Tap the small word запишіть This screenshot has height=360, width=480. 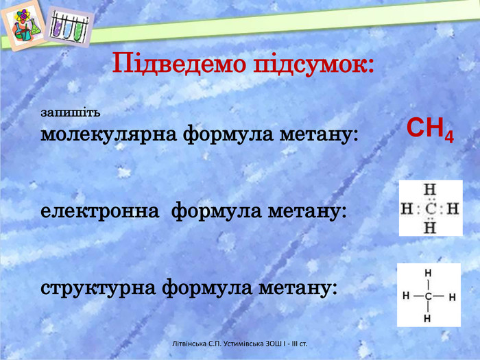point(71,112)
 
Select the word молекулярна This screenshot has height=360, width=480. point(109,134)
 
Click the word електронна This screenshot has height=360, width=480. point(100,211)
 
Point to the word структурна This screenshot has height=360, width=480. point(98,289)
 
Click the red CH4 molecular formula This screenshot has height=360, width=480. point(430,129)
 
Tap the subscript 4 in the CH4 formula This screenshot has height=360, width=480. point(448,137)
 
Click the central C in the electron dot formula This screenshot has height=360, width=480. point(431,209)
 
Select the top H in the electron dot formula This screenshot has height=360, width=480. point(430,190)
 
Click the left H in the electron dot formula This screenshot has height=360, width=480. point(407,209)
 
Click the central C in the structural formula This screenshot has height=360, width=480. point(428,296)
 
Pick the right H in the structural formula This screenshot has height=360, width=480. point(453,297)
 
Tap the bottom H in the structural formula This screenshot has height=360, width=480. point(428,318)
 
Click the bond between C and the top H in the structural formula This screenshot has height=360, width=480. point(428,285)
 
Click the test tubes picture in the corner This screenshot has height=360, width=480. point(69,27)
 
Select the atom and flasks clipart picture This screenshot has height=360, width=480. point(24,25)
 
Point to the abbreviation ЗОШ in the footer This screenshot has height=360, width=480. point(272,344)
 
